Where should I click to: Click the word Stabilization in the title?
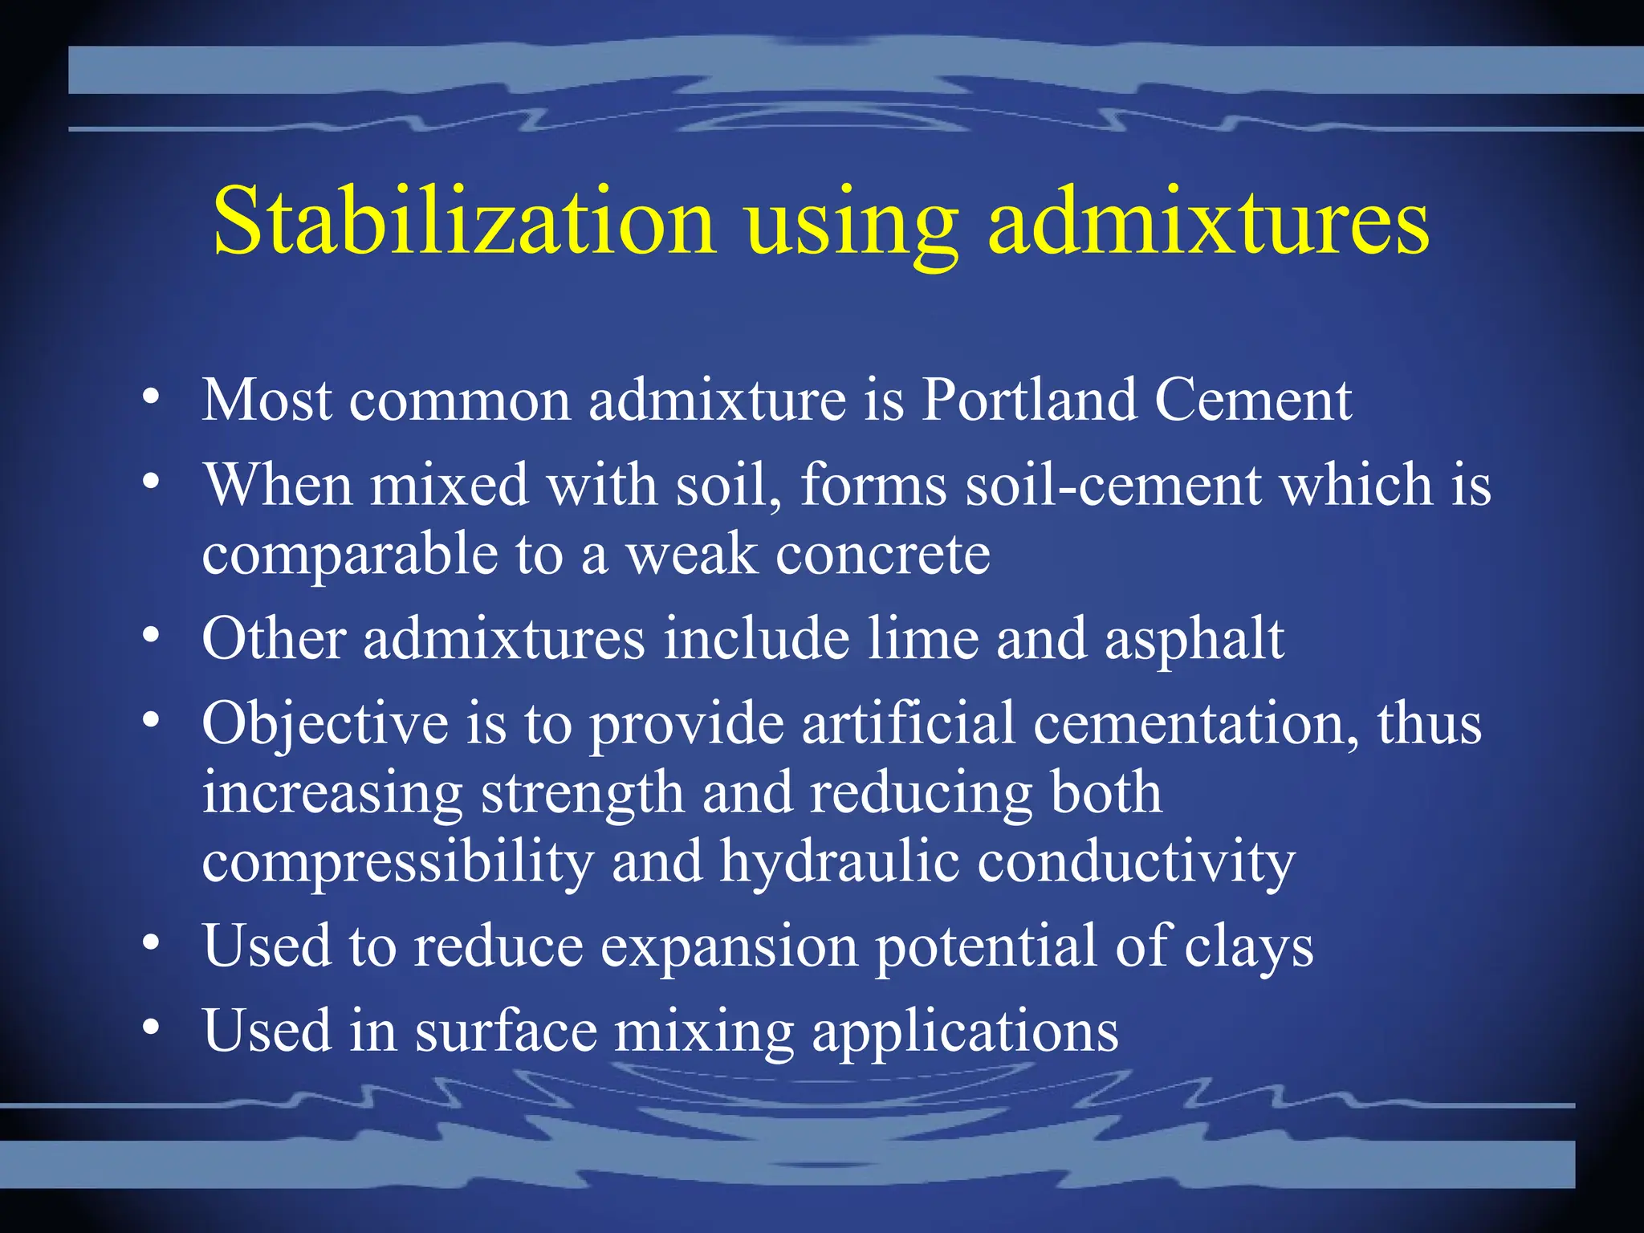[464, 222]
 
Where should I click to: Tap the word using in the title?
[852, 225]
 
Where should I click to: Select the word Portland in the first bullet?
[1028, 399]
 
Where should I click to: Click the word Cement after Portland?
[1253, 400]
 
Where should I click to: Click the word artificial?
[908, 723]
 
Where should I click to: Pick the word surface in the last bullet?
[506, 1031]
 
